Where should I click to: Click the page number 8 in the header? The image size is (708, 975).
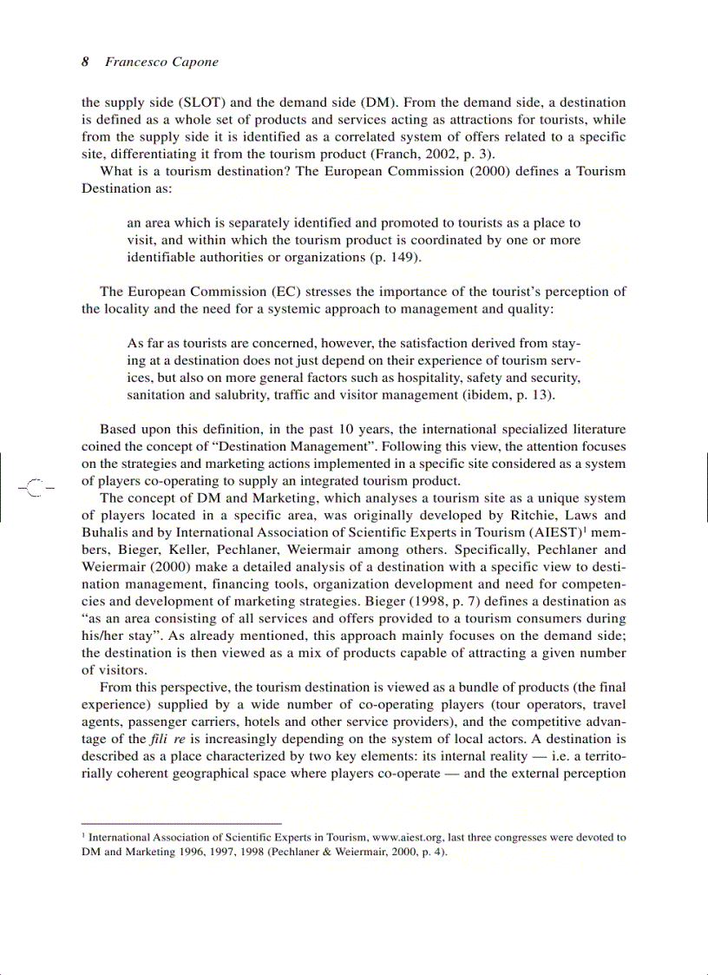pyautogui.click(x=85, y=62)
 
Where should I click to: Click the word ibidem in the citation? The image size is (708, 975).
pyautogui.click(x=489, y=395)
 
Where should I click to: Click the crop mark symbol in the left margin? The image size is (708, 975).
pyautogui.click(x=35, y=488)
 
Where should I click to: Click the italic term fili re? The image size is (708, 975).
pyautogui.click(x=168, y=740)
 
